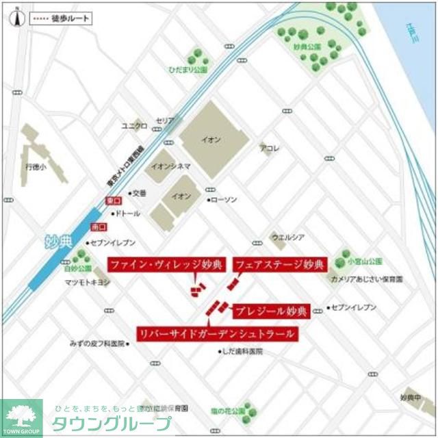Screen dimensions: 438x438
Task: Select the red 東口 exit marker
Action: pos(112,201)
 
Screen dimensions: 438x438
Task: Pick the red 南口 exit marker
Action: pos(99,226)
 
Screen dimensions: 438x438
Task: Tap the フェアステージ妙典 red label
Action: pos(279,265)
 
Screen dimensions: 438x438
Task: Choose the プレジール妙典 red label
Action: pos(272,310)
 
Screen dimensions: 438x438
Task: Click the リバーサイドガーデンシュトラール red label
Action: pos(217,333)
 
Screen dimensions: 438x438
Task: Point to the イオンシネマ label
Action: pos(170,166)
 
